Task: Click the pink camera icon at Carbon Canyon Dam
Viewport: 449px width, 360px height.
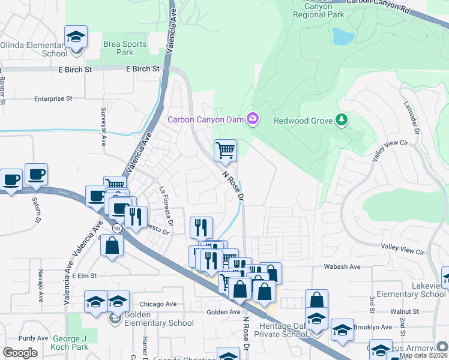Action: click(x=253, y=119)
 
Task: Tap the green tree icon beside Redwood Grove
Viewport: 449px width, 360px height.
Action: click(x=342, y=120)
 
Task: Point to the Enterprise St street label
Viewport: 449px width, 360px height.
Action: click(x=53, y=98)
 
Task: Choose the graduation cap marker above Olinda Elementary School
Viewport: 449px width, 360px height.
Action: click(x=76, y=37)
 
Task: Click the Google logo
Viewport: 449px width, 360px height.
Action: click(x=20, y=352)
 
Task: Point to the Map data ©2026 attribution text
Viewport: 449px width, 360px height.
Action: click(x=423, y=355)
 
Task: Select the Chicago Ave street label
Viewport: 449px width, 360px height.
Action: click(x=158, y=304)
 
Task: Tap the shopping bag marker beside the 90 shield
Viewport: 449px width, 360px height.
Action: click(x=112, y=246)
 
